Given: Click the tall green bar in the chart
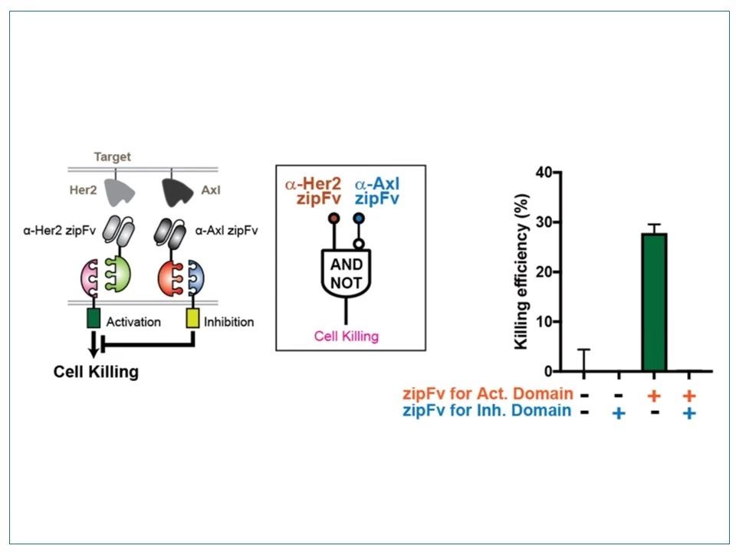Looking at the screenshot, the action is pyautogui.click(x=654, y=302).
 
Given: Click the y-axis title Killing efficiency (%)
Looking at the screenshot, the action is pyautogui.click(x=521, y=271).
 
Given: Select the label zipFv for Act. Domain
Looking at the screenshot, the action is pyautogui.click(x=488, y=393).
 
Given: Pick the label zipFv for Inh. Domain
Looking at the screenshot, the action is pyautogui.click(x=487, y=411).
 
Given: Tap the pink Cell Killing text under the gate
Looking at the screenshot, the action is pyautogui.click(x=347, y=336).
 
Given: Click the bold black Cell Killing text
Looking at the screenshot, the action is pyautogui.click(x=97, y=372).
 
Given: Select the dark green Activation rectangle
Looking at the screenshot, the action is pyautogui.click(x=94, y=317).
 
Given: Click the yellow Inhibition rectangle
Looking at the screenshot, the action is pyautogui.click(x=192, y=317).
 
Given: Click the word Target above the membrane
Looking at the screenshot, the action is pyautogui.click(x=112, y=156).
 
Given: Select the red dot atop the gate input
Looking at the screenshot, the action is pyautogui.click(x=334, y=219).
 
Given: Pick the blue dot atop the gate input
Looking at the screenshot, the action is pyautogui.click(x=359, y=219).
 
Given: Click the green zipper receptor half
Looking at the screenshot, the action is pyautogui.click(x=118, y=274).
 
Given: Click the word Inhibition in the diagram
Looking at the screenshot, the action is pyautogui.click(x=228, y=322).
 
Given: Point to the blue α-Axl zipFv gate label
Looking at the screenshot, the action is pyautogui.click(x=377, y=191).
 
